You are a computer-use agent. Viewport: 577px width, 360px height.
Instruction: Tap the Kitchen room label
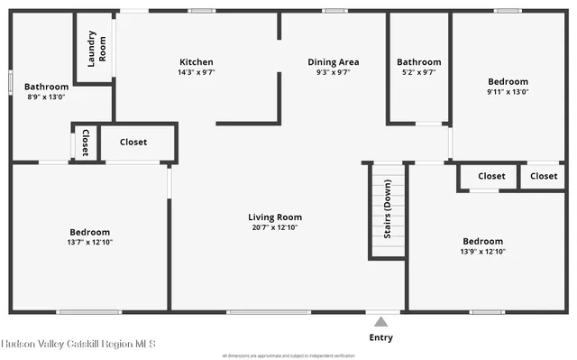tap(196, 61)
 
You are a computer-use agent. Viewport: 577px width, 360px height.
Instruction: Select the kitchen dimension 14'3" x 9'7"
tap(196, 72)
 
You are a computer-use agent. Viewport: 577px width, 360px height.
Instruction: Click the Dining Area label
tap(333, 61)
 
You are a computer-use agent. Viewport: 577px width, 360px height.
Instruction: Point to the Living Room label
tap(275, 217)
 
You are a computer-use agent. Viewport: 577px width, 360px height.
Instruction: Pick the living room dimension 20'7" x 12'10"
tap(275, 227)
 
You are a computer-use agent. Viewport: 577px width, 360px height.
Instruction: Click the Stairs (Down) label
tap(387, 214)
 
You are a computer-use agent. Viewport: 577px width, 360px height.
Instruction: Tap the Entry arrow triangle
tap(381, 321)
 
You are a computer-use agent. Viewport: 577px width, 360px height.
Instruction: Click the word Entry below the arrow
tap(381, 337)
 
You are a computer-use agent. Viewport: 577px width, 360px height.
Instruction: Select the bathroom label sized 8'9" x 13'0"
tap(45, 87)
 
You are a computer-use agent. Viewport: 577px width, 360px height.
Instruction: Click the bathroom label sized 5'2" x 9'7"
tap(419, 61)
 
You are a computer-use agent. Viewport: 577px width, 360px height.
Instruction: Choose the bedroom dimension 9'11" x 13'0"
tap(508, 91)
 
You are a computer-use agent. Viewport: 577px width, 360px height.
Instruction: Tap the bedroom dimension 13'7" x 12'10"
tap(90, 242)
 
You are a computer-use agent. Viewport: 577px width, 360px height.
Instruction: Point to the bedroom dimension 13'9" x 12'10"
tap(482, 252)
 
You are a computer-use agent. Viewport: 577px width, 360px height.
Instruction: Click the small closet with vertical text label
tap(85, 143)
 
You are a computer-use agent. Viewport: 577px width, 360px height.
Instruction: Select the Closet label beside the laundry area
tap(133, 142)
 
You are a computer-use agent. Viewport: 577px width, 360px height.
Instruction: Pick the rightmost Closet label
tap(544, 176)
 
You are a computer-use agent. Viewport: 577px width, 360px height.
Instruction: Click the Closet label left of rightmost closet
tap(491, 176)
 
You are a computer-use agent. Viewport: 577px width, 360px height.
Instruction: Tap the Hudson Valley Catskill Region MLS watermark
tap(78, 344)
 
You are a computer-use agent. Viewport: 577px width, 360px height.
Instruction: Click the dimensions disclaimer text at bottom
tap(288, 355)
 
